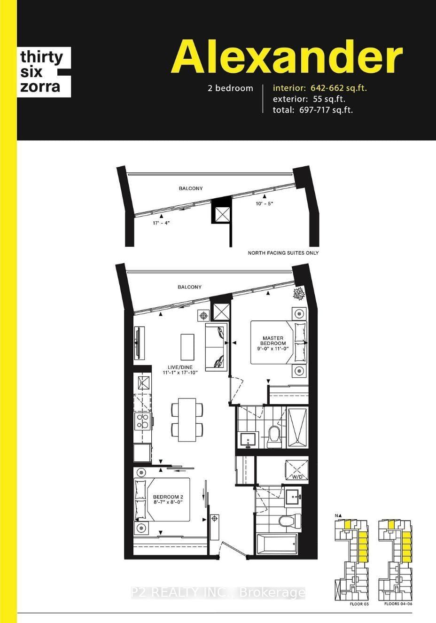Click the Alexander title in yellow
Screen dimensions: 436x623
287,56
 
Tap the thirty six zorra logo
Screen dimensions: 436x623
44,72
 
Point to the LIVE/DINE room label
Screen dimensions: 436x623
180,370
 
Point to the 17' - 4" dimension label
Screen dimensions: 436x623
161,223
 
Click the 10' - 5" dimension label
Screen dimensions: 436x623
265,203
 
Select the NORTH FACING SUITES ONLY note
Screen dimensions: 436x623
283,253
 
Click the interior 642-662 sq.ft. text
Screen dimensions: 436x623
320,88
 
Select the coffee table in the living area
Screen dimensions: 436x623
187,347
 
